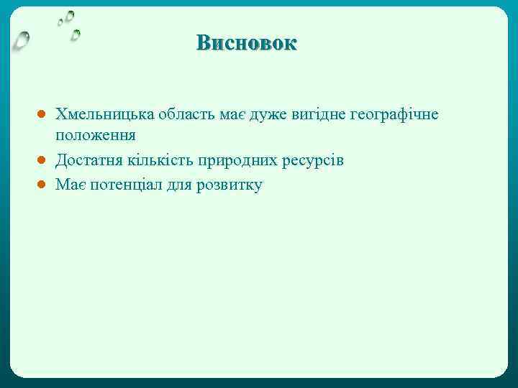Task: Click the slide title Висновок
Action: pyautogui.click(x=246, y=42)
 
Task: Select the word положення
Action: pyautogui.click(x=96, y=135)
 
